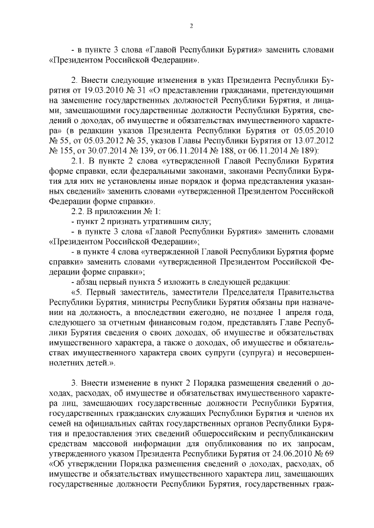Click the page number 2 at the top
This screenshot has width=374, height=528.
[x=191, y=26]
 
